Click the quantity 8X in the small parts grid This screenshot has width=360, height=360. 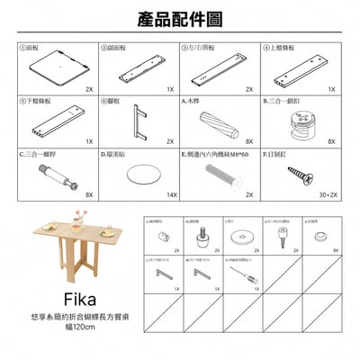pos(336,251)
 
